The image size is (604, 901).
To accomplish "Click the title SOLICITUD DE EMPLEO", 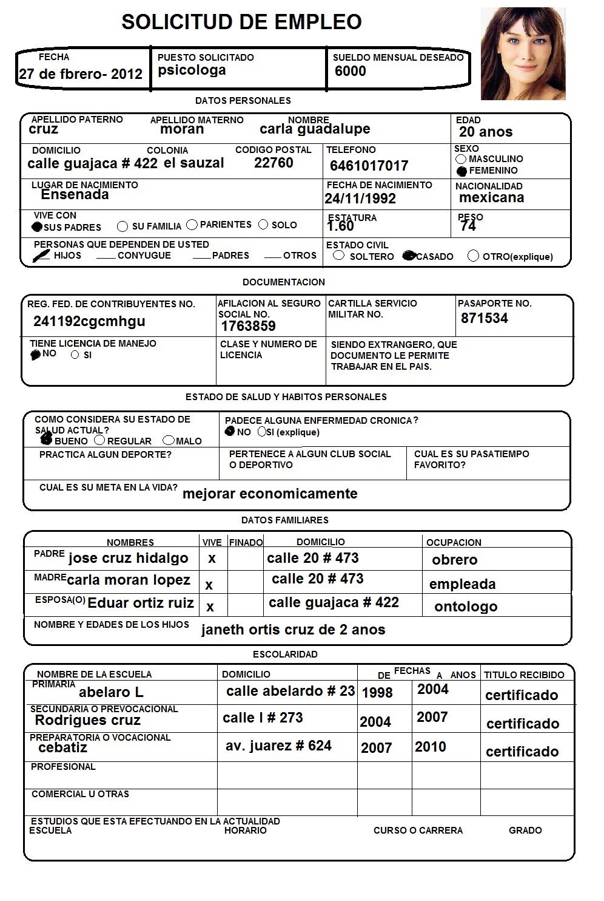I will pyautogui.click(x=241, y=22).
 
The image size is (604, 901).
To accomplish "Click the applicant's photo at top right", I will pyautogui.click(x=523, y=53).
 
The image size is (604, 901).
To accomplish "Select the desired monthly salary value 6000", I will pyautogui.click(x=351, y=71).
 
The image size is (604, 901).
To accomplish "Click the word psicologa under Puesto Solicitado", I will pyautogui.click(x=192, y=70).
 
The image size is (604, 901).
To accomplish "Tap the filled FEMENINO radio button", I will pyautogui.click(x=462, y=171).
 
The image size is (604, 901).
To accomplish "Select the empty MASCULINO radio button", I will pyautogui.click(x=461, y=159).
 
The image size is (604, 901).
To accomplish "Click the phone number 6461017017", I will pyautogui.click(x=369, y=166).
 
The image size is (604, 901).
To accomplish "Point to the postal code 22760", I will pyautogui.click(x=273, y=163).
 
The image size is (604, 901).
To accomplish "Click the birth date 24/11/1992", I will pyautogui.click(x=360, y=199).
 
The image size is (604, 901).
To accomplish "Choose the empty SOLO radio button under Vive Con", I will pyautogui.click(x=263, y=225).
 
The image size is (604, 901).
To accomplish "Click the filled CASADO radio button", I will pyautogui.click(x=409, y=256).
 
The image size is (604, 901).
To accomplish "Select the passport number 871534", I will pyautogui.click(x=484, y=318).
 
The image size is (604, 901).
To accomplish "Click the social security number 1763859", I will pyautogui.click(x=248, y=326).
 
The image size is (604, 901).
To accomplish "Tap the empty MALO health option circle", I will pyautogui.click(x=169, y=440).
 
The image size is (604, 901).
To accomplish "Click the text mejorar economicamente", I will pyautogui.click(x=270, y=494).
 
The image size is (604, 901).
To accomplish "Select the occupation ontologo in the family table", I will pyautogui.click(x=466, y=607).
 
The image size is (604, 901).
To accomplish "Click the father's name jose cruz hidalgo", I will pyautogui.click(x=128, y=558).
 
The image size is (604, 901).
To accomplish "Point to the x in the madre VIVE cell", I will pyautogui.click(x=209, y=585).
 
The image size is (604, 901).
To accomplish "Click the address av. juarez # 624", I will pyautogui.click(x=278, y=746).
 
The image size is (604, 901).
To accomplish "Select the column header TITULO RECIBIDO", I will pyautogui.click(x=524, y=675).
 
